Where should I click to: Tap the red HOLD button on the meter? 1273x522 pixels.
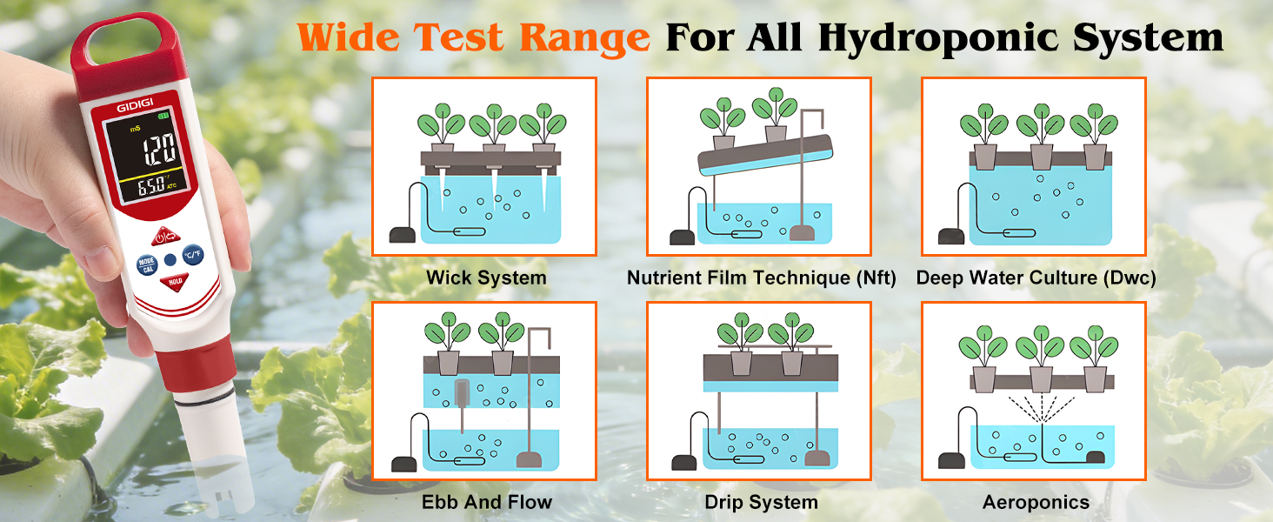click(x=175, y=282)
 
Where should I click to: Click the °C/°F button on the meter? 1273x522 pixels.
click(x=193, y=254)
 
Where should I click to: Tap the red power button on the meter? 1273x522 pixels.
click(x=165, y=236)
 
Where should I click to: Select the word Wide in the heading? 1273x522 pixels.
click(x=349, y=37)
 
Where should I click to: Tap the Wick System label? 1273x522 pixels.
click(x=486, y=278)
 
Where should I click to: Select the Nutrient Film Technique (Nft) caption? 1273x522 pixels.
click(x=762, y=278)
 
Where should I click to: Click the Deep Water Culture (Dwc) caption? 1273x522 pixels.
click(x=1036, y=278)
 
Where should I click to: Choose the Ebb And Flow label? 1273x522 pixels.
click(x=487, y=502)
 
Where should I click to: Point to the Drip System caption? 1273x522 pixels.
click(x=762, y=503)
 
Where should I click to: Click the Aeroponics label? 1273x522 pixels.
click(x=1036, y=503)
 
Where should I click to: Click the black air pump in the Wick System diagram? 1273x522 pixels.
click(x=403, y=235)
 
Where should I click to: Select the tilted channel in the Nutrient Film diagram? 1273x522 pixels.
click(x=765, y=155)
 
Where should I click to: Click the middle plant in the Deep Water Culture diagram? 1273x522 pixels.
click(x=1041, y=137)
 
